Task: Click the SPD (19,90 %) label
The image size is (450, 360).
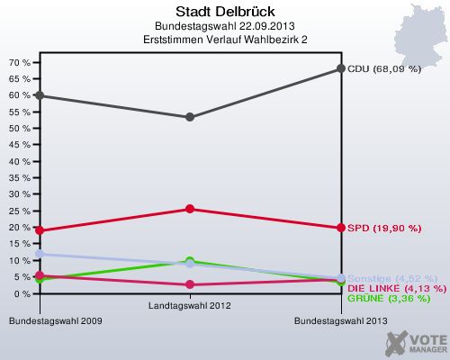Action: point(384,228)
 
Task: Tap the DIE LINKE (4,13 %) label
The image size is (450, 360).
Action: point(396,287)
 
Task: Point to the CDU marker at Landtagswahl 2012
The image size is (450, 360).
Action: point(190,117)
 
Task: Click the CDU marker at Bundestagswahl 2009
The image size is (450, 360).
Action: point(40,95)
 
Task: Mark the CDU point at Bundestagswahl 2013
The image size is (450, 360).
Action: point(341,68)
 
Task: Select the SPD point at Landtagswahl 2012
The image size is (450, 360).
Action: point(190,209)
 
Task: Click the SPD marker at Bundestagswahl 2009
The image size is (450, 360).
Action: point(40,230)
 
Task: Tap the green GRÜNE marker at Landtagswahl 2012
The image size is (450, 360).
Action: point(190,261)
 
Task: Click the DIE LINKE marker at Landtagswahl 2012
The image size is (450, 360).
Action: point(190,284)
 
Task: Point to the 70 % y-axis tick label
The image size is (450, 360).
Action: point(20,63)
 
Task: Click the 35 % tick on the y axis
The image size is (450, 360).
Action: point(20,178)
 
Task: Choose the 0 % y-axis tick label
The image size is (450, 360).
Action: point(22,293)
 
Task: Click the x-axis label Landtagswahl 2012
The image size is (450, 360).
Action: point(190,307)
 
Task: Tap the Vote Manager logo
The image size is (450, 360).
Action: point(416,342)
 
